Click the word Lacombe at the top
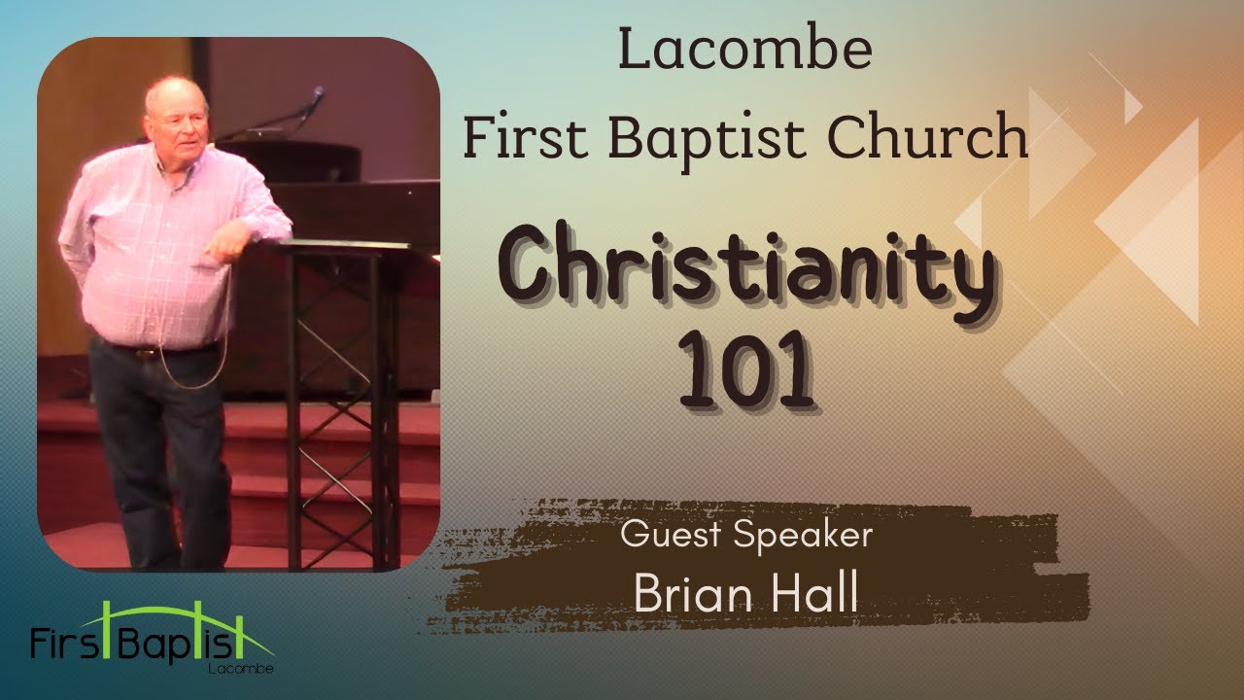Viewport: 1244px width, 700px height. click(x=744, y=52)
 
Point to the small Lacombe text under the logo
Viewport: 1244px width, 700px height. click(x=239, y=670)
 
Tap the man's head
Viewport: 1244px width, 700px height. click(x=176, y=111)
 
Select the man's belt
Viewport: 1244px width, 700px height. click(x=155, y=351)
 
